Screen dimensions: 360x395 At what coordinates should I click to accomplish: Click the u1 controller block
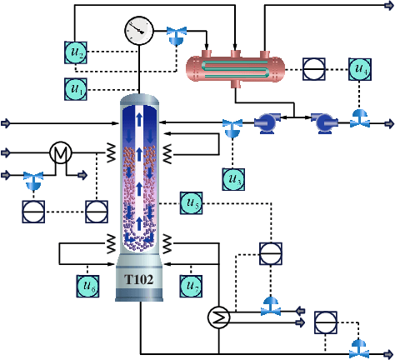coord(76,87)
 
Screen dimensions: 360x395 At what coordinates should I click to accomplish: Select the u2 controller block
coord(76,52)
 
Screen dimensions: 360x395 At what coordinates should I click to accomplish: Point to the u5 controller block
coord(192,202)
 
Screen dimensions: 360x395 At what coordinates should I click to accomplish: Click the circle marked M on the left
coord(60,152)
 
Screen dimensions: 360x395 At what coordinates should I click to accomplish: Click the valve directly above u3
coord(232,127)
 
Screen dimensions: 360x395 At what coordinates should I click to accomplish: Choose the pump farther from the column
coord(323,124)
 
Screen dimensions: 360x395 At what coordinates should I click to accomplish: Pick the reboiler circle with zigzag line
coord(218,316)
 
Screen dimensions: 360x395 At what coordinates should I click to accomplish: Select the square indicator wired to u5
coord(272,253)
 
